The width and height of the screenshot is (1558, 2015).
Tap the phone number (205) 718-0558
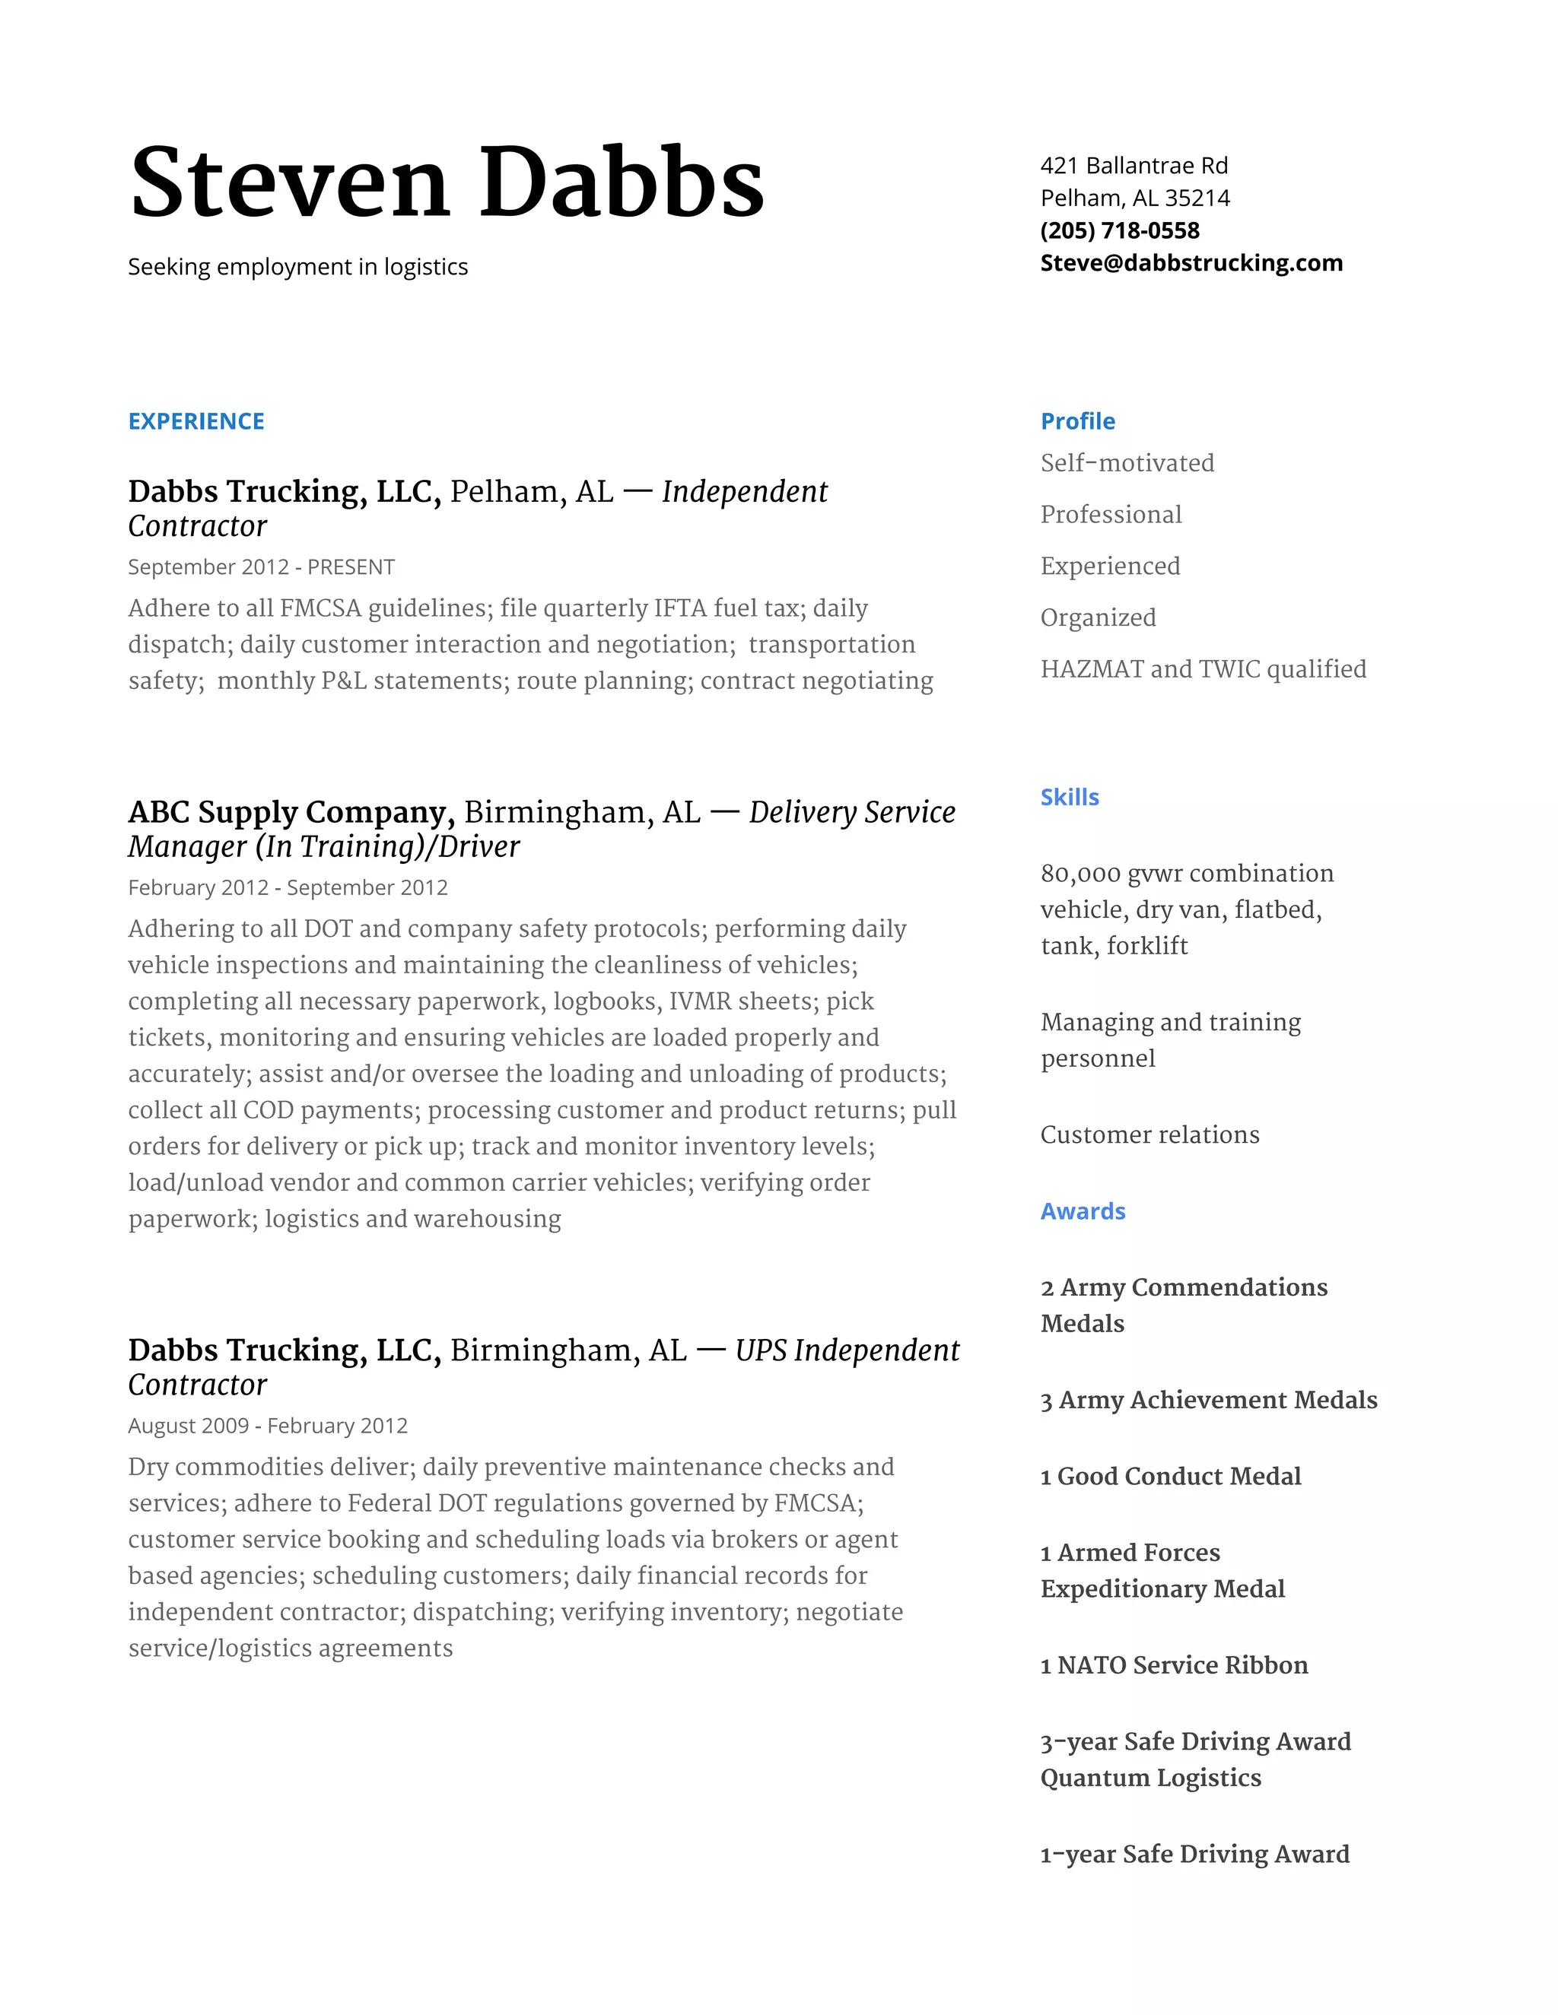tap(1120, 230)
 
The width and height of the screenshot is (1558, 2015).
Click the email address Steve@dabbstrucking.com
tap(1191, 263)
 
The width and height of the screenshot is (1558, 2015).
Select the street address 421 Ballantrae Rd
tap(1134, 165)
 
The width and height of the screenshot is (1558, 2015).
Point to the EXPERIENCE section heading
tap(196, 422)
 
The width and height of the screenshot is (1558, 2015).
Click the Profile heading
tap(1077, 422)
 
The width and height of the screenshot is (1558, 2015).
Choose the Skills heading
tap(1069, 797)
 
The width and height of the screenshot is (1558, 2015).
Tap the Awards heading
tap(1082, 1211)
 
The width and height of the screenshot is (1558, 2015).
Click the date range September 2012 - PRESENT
tap(261, 566)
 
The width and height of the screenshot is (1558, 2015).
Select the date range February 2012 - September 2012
tap(287, 887)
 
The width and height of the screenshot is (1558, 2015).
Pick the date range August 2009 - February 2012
tap(268, 1426)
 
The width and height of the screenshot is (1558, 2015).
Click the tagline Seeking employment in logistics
tap(297, 267)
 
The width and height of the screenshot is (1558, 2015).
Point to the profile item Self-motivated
tap(1127, 463)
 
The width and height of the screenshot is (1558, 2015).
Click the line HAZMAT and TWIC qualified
tap(1203, 669)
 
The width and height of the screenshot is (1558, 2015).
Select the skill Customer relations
tap(1149, 1134)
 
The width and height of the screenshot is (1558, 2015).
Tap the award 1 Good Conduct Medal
tap(1170, 1476)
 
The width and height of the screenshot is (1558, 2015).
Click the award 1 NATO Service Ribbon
tap(1173, 1665)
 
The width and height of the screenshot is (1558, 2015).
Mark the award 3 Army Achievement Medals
tap(1208, 1401)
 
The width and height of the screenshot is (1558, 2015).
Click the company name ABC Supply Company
tap(291, 813)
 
